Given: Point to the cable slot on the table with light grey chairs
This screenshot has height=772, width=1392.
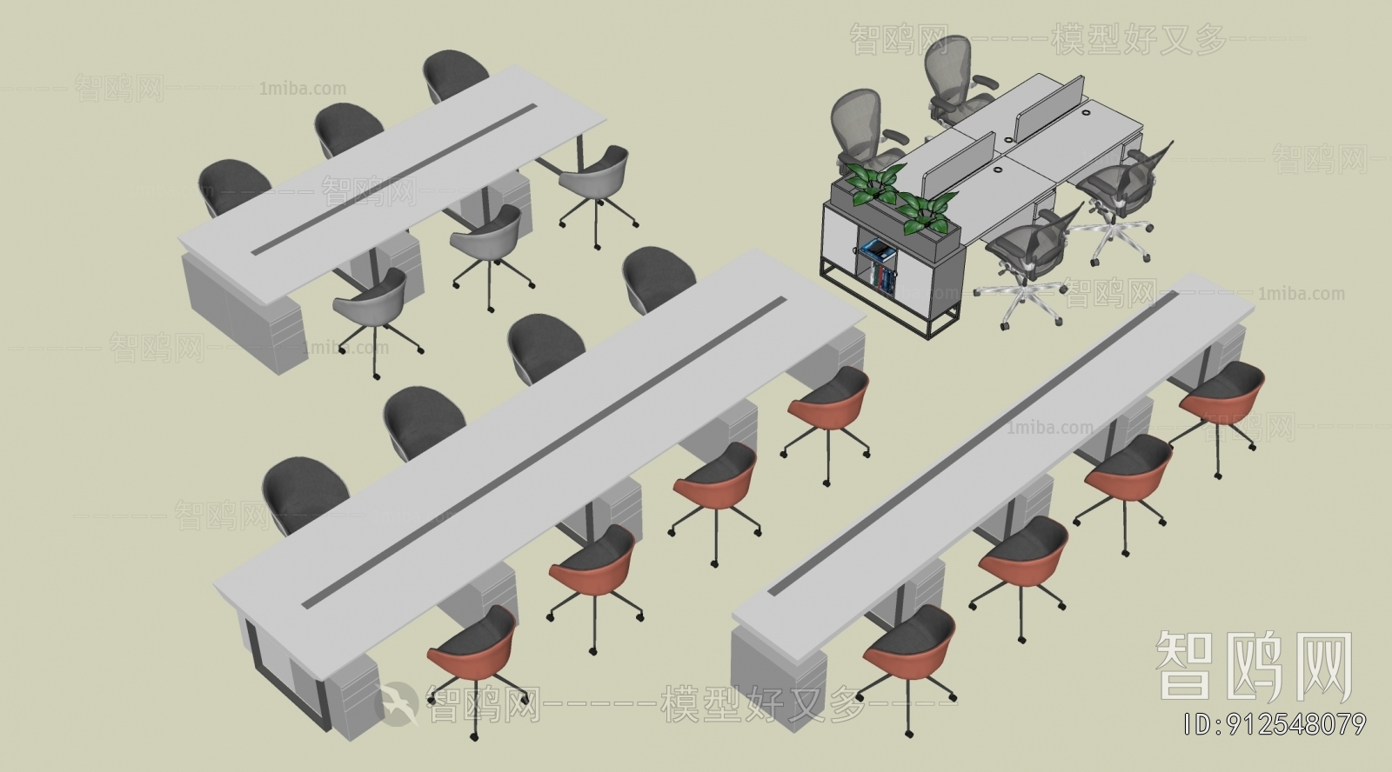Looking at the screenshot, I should click(395, 178).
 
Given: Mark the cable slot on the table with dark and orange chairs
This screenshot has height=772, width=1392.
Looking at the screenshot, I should click(544, 452).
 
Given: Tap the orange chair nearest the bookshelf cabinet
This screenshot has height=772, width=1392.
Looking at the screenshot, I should click(830, 396).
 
